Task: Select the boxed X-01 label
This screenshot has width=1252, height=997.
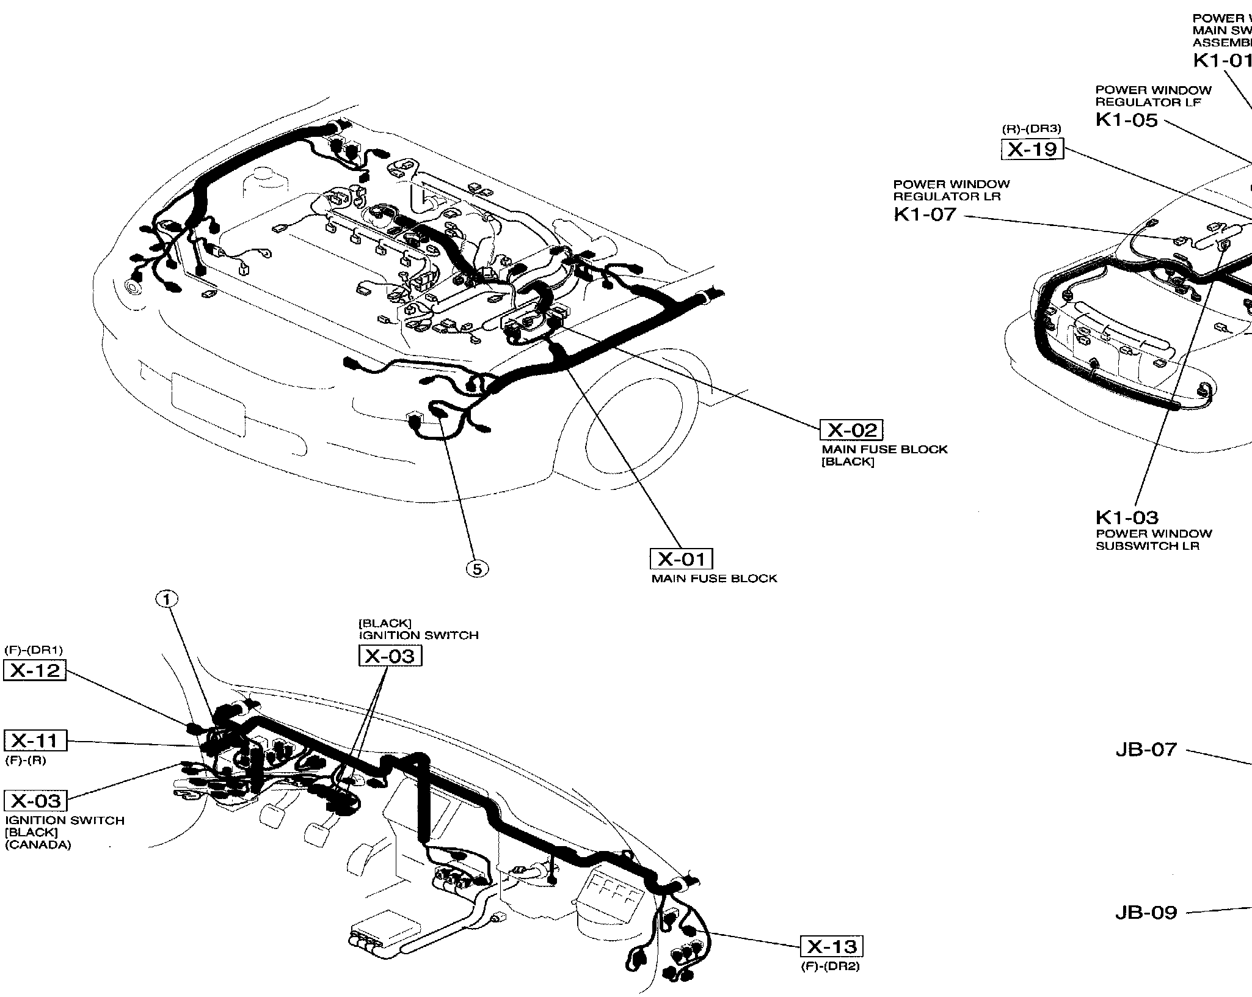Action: (x=681, y=559)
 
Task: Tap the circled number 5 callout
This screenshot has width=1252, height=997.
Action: (x=477, y=569)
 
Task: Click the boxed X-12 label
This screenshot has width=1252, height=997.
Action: (x=35, y=670)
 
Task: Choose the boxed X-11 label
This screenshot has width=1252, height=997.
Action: (x=35, y=740)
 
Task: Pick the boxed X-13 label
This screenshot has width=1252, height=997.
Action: (x=832, y=946)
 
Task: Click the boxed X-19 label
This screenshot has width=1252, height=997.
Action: (x=1032, y=149)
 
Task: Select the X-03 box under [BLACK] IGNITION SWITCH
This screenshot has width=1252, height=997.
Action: (x=390, y=656)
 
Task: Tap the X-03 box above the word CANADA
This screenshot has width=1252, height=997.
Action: (x=36, y=800)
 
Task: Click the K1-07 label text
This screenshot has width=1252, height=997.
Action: (x=925, y=214)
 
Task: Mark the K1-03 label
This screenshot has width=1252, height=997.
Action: (x=1127, y=518)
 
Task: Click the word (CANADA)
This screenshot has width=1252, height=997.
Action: (x=38, y=845)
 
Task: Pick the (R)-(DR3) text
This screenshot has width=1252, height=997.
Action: (x=1032, y=129)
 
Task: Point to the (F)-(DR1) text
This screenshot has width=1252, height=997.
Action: (x=34, y=650)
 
